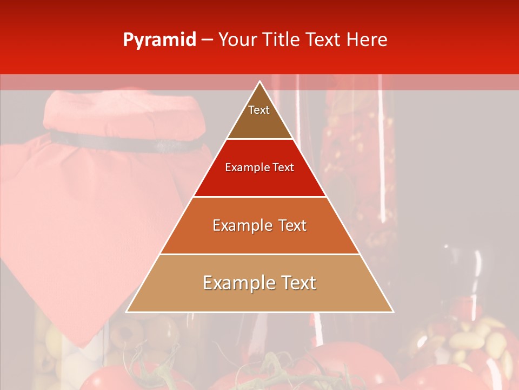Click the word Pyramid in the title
point(159,40)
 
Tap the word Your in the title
point(238,40)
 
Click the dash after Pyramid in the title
point(207,40)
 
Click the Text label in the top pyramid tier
point(259,110)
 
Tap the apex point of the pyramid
point(260,82)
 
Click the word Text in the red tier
point(283,167)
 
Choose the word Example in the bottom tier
point(233,283)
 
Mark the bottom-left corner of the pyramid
point(127,312)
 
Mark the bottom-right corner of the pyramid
point(393,312)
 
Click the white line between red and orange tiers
point(260,197)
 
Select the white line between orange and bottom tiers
point(260,254)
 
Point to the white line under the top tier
point(260,139)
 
